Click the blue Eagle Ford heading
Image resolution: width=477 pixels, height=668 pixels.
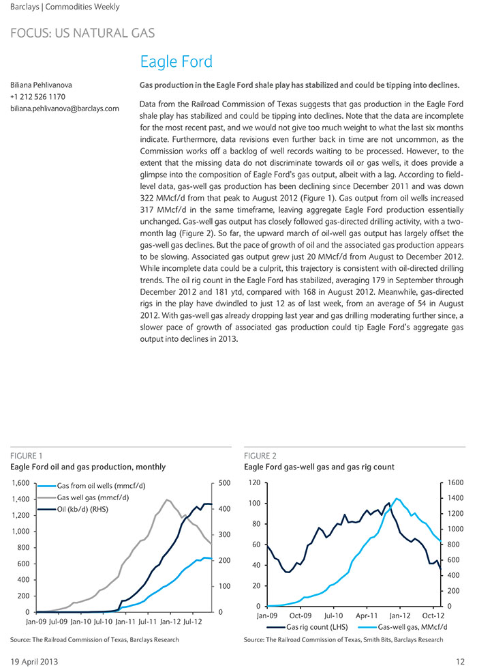click(x=176, y=62)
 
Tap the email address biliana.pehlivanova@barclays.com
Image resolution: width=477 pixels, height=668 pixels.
click(x=65, y=108)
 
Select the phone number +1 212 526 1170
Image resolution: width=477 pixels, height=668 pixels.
click(x=38, y=97)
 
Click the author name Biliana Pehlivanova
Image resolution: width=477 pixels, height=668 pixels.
click(x=42, y=85)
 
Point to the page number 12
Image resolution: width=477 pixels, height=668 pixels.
click(x=460, y=662)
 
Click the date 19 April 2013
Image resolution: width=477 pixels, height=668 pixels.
click(x=34, y=662)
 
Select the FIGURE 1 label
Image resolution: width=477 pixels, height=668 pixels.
click(x=27, y=456)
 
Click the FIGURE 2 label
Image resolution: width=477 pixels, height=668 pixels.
click(x=260, y=456)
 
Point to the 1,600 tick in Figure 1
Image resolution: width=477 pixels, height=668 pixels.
click(x=21, y=482)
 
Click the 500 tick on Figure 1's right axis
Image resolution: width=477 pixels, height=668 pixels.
click(x=224, y=482)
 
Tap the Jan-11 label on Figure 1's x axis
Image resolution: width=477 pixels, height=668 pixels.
click(x=126, y=622)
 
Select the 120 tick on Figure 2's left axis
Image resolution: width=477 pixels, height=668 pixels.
click(x=254, y=482)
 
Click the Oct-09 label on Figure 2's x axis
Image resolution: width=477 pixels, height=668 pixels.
click(x=301, y=615)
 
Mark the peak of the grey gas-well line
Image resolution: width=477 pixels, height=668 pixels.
click(x=166, y=499)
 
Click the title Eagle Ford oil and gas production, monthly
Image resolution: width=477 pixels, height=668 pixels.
click(x=88, y=467)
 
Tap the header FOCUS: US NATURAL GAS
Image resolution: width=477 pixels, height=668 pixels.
click(x=82, y=33)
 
